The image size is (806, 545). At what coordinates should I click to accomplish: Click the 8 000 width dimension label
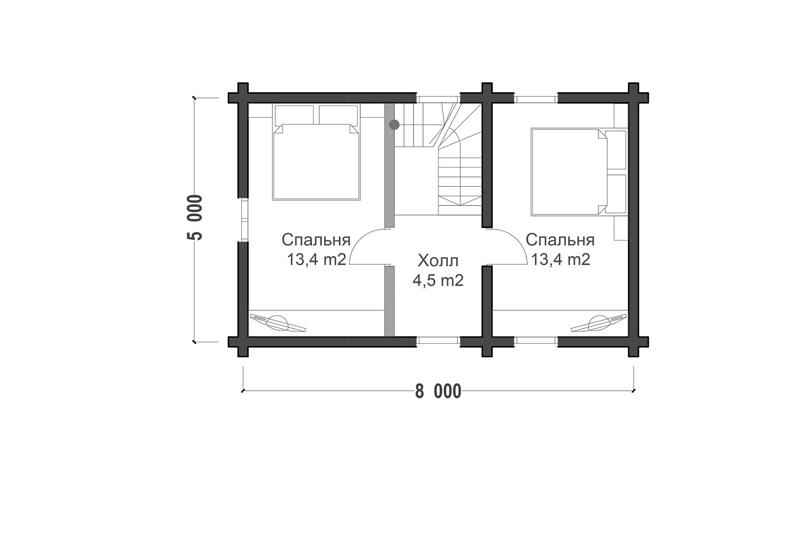(x=438, y=392)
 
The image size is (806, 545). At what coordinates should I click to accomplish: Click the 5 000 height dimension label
(x=195, y=218)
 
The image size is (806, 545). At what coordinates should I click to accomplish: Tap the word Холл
(x=438, y=261)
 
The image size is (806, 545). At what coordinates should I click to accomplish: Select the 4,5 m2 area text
(x=438, y=280)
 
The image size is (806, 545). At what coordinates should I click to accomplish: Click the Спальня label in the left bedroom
(x=316, y=240)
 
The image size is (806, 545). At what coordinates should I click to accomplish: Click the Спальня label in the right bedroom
(x=560, y=240)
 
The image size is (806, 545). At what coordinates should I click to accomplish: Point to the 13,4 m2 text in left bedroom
(x=316, y=260)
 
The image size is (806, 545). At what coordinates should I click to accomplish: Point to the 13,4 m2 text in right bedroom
(x=561, y=260)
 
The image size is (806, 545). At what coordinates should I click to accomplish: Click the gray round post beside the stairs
(x=394, y=125)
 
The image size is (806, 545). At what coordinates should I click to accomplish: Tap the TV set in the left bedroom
(x=277, y=323)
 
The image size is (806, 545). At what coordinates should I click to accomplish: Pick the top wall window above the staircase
(x=438, y=99)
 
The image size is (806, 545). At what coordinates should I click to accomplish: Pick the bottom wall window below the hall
(x=438, y=340)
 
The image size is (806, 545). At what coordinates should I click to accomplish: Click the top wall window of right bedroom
(x=536, y=99)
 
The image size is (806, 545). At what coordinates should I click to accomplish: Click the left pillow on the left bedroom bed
(x=294, y=115)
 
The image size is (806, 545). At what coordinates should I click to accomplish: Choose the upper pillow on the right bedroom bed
(x=616, y=150)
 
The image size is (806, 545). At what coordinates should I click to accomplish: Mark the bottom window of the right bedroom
(x=536, y=340)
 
